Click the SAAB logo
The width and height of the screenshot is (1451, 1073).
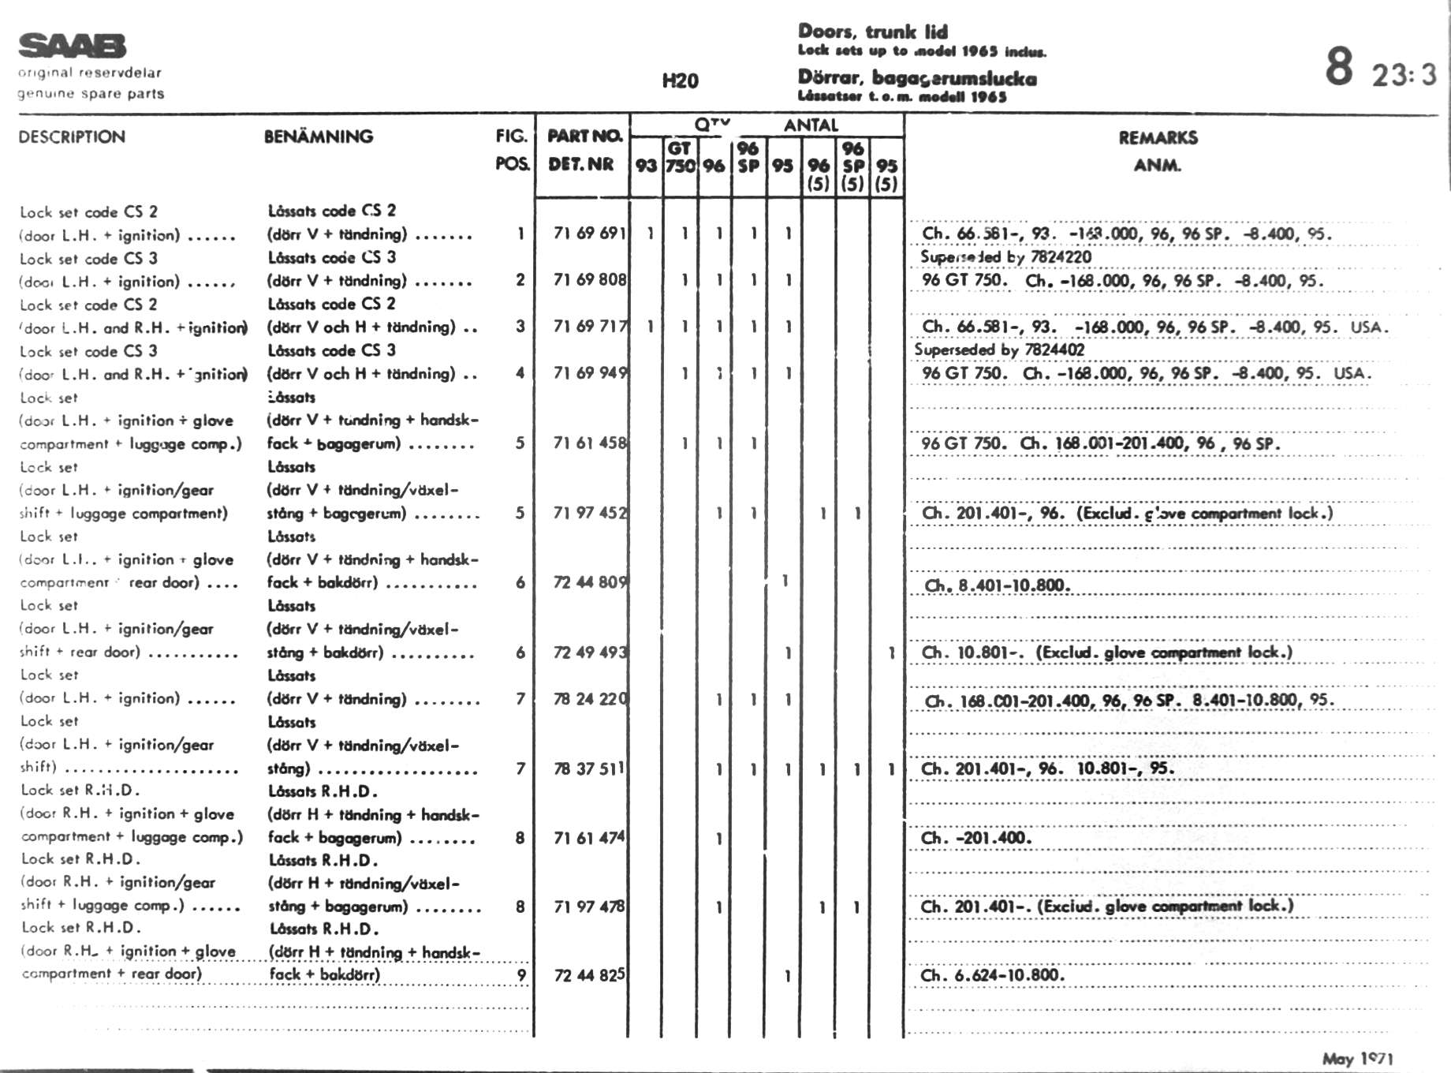click(72, 46)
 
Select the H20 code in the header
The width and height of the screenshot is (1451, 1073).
click(680, 80)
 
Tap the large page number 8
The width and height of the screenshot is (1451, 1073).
click(1339, 66)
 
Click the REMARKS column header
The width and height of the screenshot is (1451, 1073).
click(1158, 138)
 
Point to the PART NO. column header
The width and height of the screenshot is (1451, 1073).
click(584, 136)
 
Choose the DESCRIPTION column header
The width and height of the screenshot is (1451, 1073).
click(72, 136)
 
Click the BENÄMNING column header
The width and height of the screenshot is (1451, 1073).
click(319, 136)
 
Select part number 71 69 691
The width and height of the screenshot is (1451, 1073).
click(589, 234)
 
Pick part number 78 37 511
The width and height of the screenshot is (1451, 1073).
click(588, 768)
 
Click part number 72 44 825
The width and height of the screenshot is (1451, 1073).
click(589, 975)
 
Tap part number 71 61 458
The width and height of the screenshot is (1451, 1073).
click(589, 443)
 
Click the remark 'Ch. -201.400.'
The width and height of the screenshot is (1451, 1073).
click(975, 838)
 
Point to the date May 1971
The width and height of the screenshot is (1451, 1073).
click(1358, 1059)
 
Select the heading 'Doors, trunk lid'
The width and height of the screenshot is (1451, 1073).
click(873, 32)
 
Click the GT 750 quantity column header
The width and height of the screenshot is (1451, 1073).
click(680, 157)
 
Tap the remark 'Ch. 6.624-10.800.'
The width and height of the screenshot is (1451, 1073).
click(992, 975)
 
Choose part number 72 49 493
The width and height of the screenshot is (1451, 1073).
click(589, 652)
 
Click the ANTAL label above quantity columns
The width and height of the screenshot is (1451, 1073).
click(811, 125)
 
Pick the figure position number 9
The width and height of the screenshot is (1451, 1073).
click(520, 975)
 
